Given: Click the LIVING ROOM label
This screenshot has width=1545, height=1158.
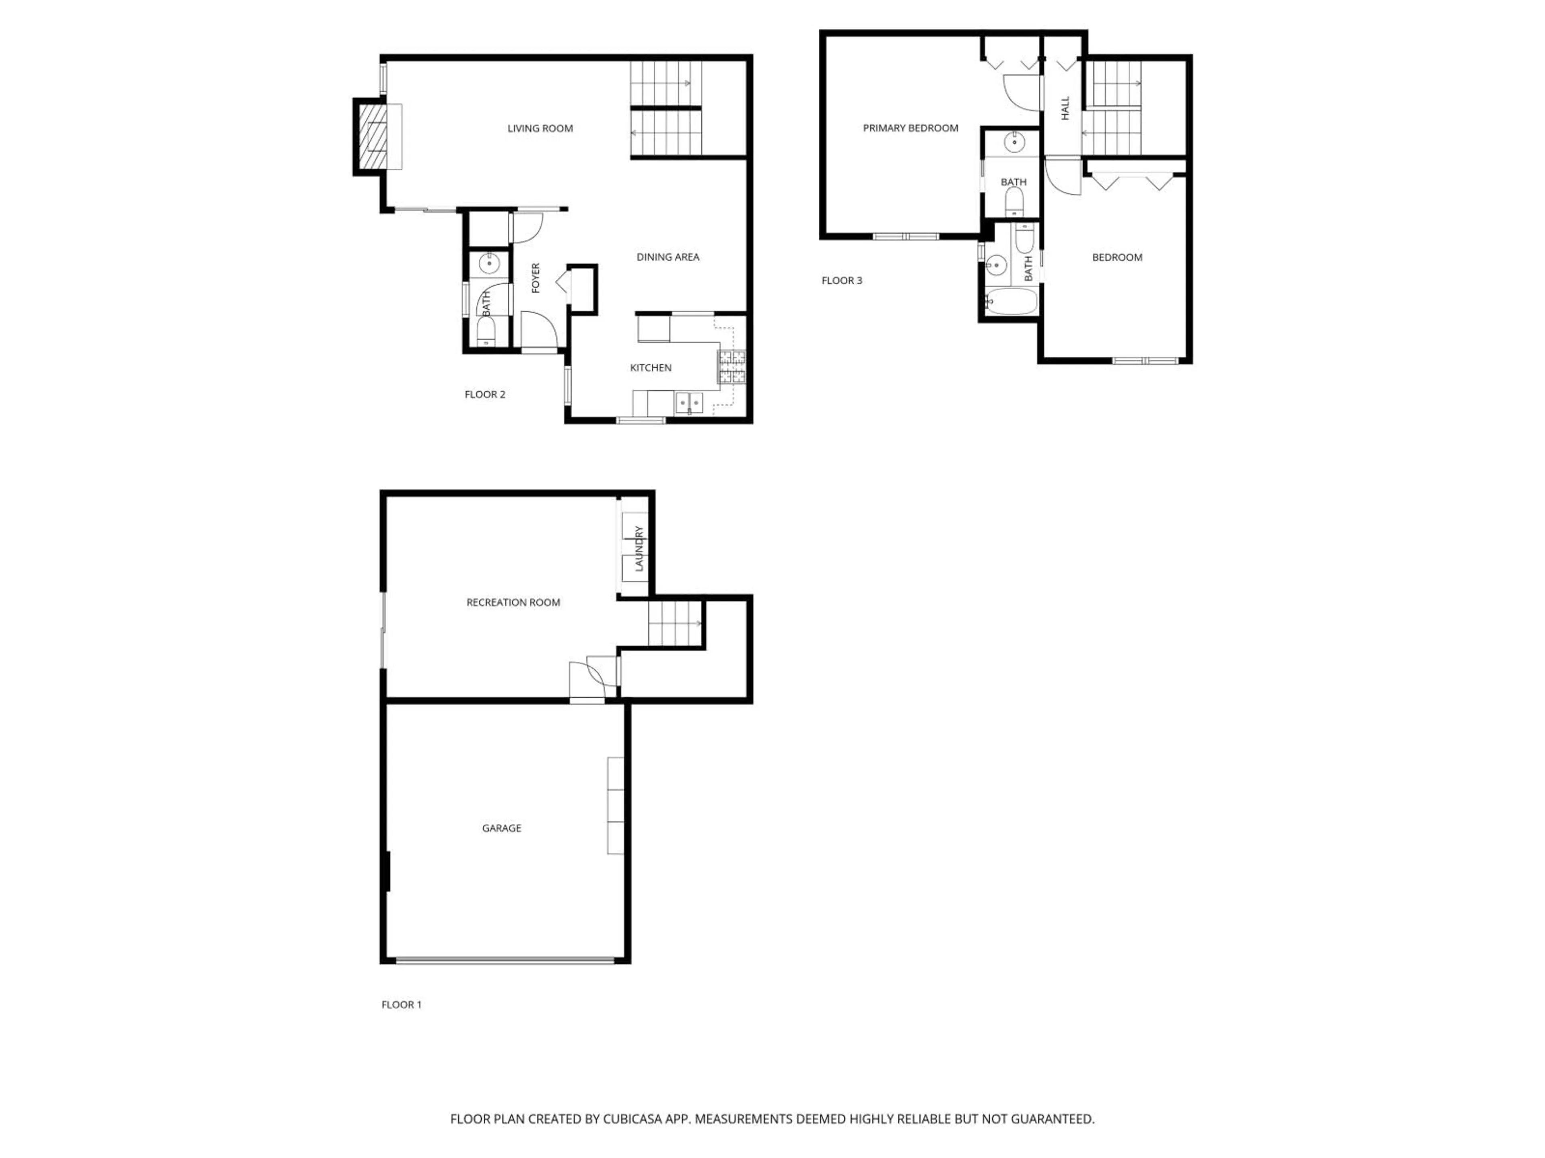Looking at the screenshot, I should click(x=540, y=128).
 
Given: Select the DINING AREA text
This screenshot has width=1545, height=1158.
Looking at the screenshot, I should click(x=668, y=257).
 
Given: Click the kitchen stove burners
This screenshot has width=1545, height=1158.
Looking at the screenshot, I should click(x=732, y=367).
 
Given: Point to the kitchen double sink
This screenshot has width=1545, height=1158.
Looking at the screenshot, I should click(x=689, y=403).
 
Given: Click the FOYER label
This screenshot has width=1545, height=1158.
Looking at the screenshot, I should click(x=536, y=278).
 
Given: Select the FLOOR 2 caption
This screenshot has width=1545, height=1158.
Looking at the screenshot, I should click(x=485, y=394).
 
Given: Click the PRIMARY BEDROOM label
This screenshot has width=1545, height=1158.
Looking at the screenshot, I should click(x=910, y=128).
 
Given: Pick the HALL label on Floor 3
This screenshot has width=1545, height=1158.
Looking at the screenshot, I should click(x=1065, y=108).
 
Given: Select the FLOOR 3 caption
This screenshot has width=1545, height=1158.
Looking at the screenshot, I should click(x=842, y=281).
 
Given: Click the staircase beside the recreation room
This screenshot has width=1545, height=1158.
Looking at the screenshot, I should click(x=674, y=623).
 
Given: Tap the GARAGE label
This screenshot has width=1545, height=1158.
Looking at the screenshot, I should click(x=501, y=828).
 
